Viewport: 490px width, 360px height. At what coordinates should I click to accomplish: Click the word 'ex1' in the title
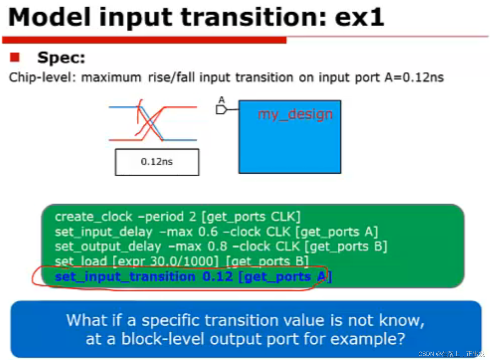coord(359,17)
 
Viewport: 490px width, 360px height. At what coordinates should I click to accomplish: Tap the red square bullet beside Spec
coord(15,57)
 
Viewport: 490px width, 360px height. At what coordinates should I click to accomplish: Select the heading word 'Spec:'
coord(61,58)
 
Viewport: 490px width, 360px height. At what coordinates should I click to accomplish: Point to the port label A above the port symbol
coord(222,100)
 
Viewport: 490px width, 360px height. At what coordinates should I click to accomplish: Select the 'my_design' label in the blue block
coord(295,115)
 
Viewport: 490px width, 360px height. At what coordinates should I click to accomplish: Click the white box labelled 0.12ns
coord(157,162)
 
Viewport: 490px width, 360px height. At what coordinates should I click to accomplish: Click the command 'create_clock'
coord(94,217)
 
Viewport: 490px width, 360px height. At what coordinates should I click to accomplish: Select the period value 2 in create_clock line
coord(192,217)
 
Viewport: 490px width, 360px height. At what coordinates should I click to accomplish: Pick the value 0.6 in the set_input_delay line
coord(208,232)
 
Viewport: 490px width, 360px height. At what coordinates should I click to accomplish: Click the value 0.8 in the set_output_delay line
coord(217,246)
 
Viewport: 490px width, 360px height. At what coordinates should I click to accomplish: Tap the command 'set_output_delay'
coord(108,247)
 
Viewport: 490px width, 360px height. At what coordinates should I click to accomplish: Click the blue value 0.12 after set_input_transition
coord(218,277)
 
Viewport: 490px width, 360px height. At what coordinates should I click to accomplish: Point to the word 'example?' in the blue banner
coord(368,339)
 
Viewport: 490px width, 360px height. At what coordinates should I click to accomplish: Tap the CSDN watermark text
coord(451,354)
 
